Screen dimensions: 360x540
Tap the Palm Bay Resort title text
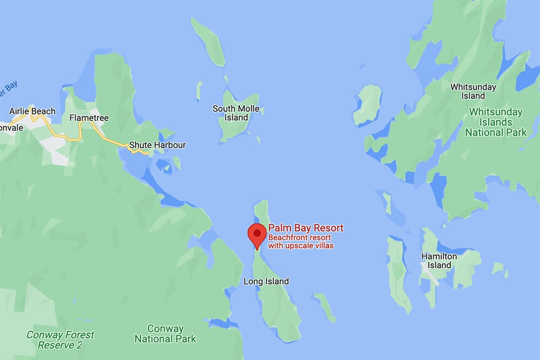click(306, 228)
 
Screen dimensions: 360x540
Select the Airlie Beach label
click(32, 112)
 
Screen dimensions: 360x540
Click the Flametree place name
click(89, 118)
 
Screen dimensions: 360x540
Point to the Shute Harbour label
click(157, 145)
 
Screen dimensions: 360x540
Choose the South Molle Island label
click(236, 113)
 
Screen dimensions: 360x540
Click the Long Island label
click(266, 281)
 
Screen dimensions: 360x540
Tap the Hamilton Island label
click(439, 261)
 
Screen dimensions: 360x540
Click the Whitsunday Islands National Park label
click(495, 122)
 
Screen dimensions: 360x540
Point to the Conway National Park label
click(166, 334)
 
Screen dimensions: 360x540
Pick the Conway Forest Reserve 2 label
click(60, 340)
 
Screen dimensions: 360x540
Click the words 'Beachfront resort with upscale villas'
click(301, 241)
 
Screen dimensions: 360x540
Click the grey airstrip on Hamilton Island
click(430, 276)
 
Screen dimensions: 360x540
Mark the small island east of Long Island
click(325, 306)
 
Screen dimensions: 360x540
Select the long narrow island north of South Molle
click(210, 42)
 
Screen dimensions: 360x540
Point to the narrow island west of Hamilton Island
click(399, 273)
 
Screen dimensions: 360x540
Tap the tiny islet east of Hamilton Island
click(499, 269)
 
